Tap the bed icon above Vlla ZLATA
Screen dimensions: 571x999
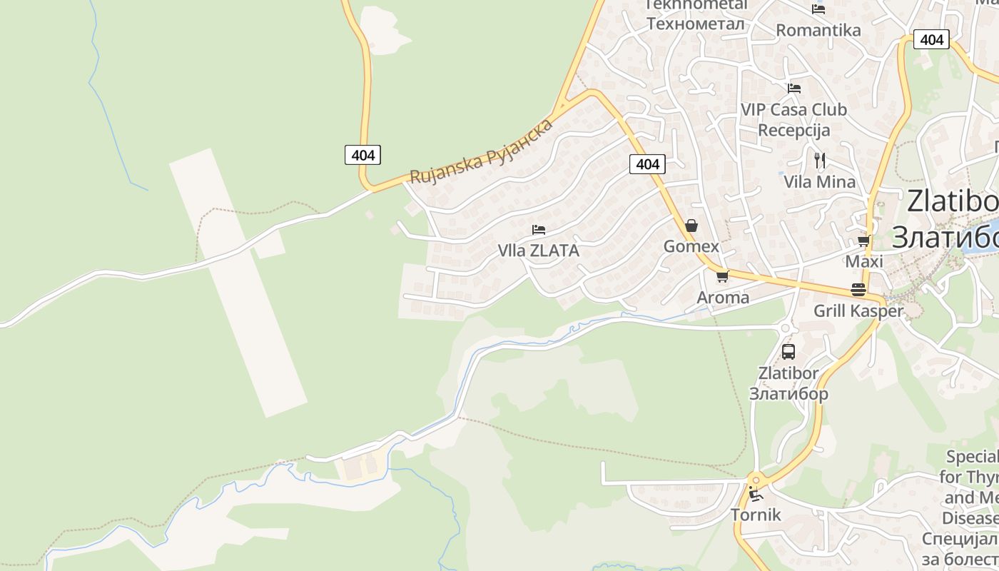tap(539, 230)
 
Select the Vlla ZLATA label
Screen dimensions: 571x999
tap(538, 251)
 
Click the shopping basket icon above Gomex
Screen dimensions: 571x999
tap(691, 226)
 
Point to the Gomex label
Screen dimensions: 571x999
tap(691, 246)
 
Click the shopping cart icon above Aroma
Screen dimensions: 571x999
tap(722, 276)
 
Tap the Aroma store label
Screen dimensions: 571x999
tap(723, 297)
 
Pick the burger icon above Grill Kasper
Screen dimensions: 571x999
tap(858, 290)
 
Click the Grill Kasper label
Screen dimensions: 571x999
tap(858, 311)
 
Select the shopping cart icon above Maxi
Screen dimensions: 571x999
tap(863, 241)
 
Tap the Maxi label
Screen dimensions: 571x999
tap(863, 261)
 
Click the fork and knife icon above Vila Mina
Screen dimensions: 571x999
tap(820, 161)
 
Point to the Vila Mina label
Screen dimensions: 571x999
tap(820, 182)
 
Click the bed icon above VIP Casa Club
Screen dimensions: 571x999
tap(793, 89)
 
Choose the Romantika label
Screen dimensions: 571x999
tap(818, 30)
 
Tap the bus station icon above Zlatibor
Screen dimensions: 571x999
tap(788, 351)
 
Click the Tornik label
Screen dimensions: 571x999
tap(756, 515)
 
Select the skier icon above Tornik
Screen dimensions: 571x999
tap(755, 494)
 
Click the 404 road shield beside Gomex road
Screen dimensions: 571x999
tap(647, 164)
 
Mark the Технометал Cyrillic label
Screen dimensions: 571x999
tap(696, 24)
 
